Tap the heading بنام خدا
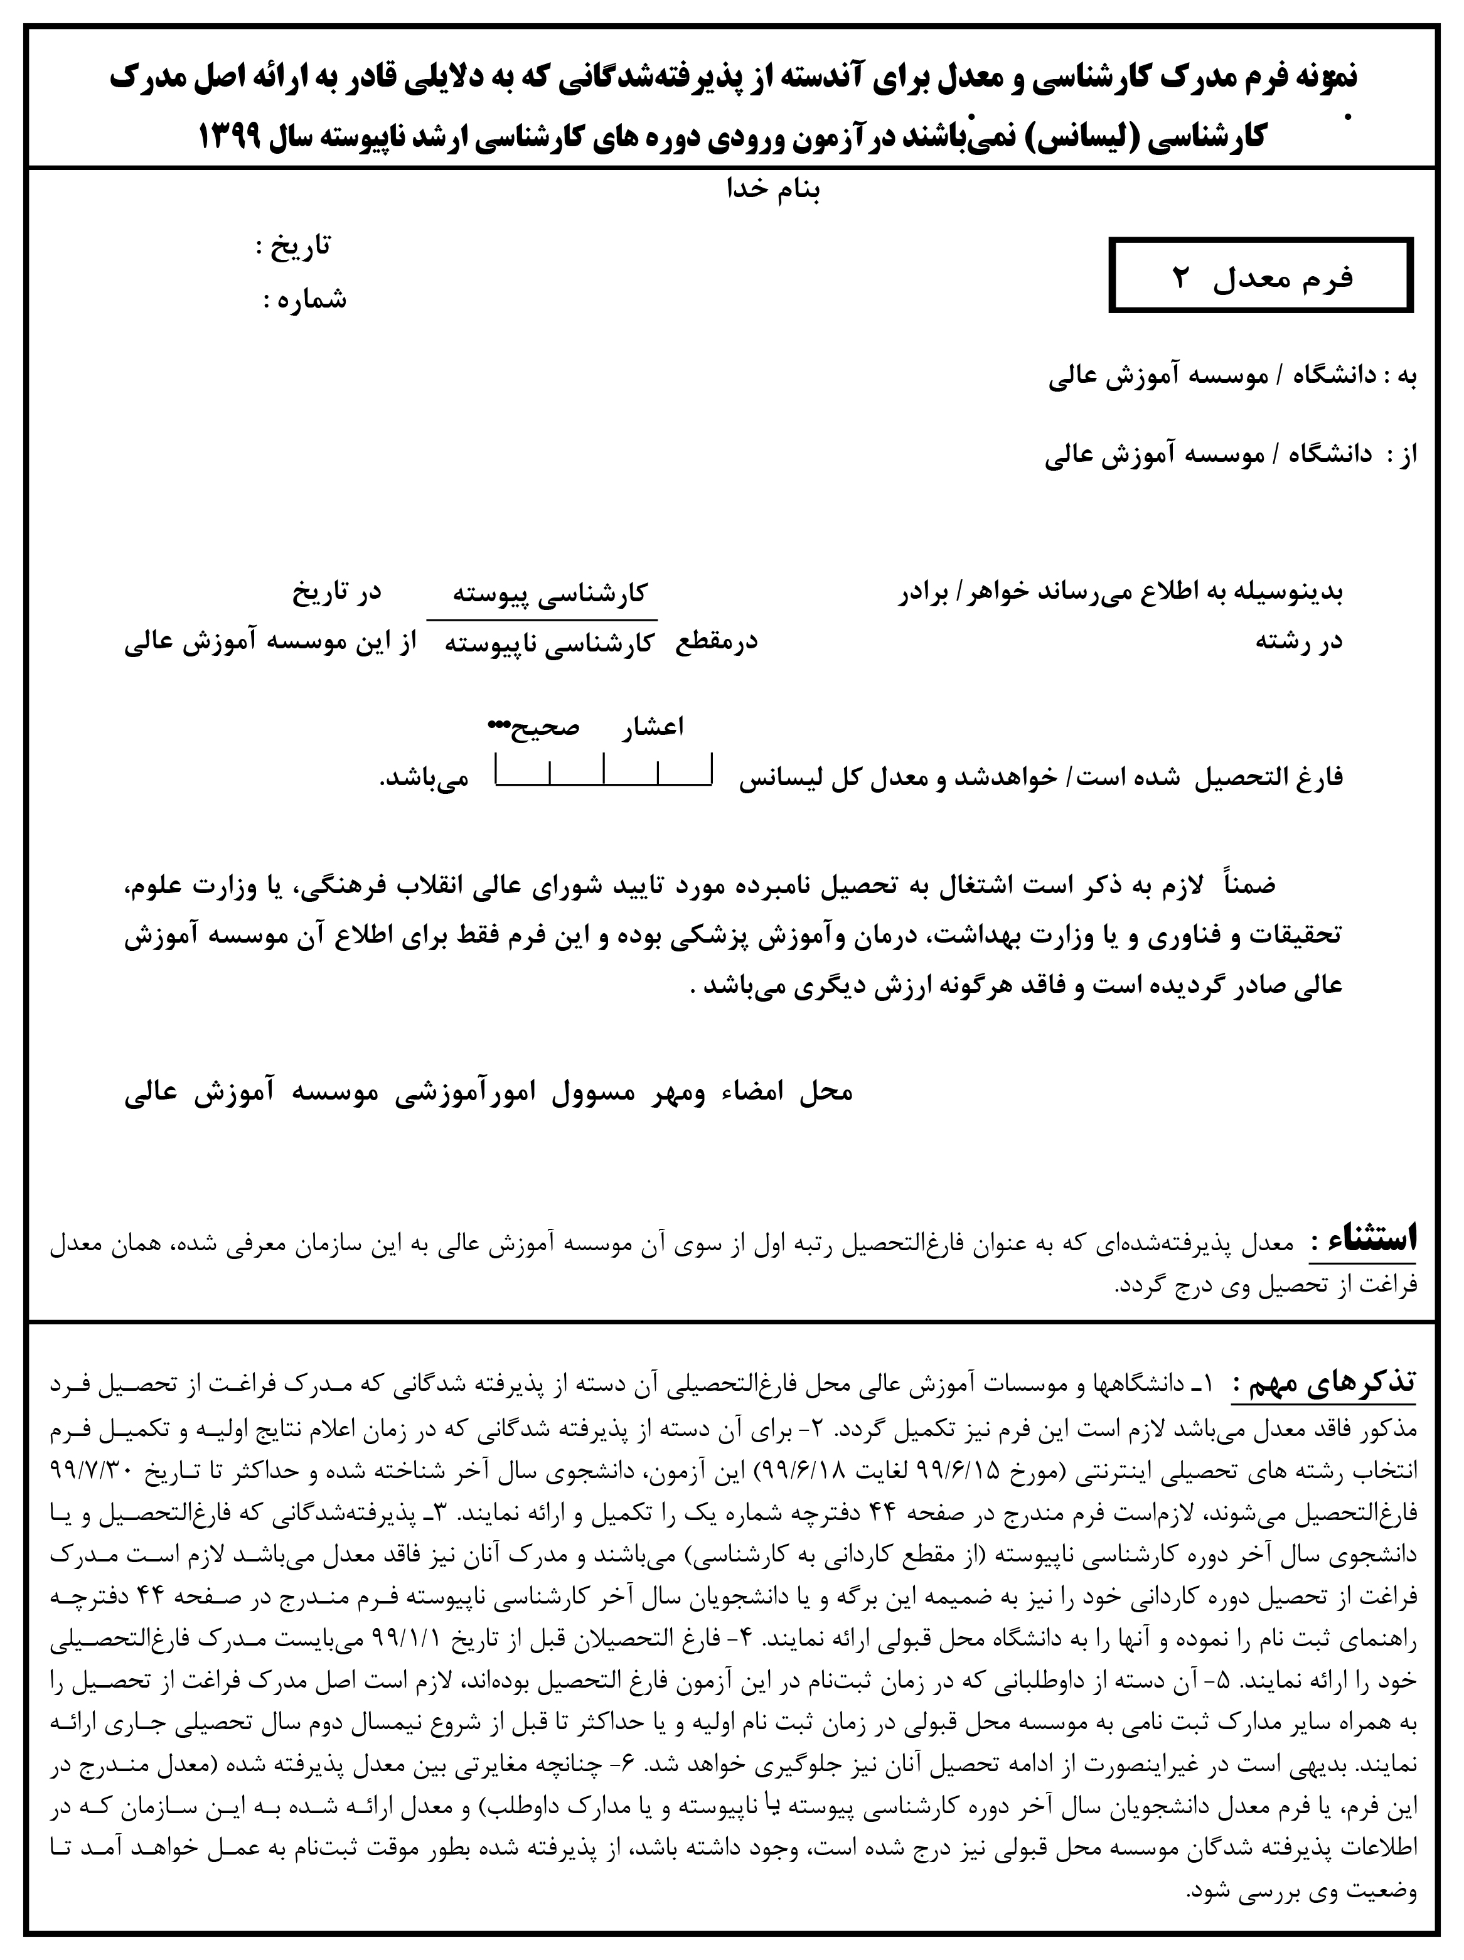tap(774, 189)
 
